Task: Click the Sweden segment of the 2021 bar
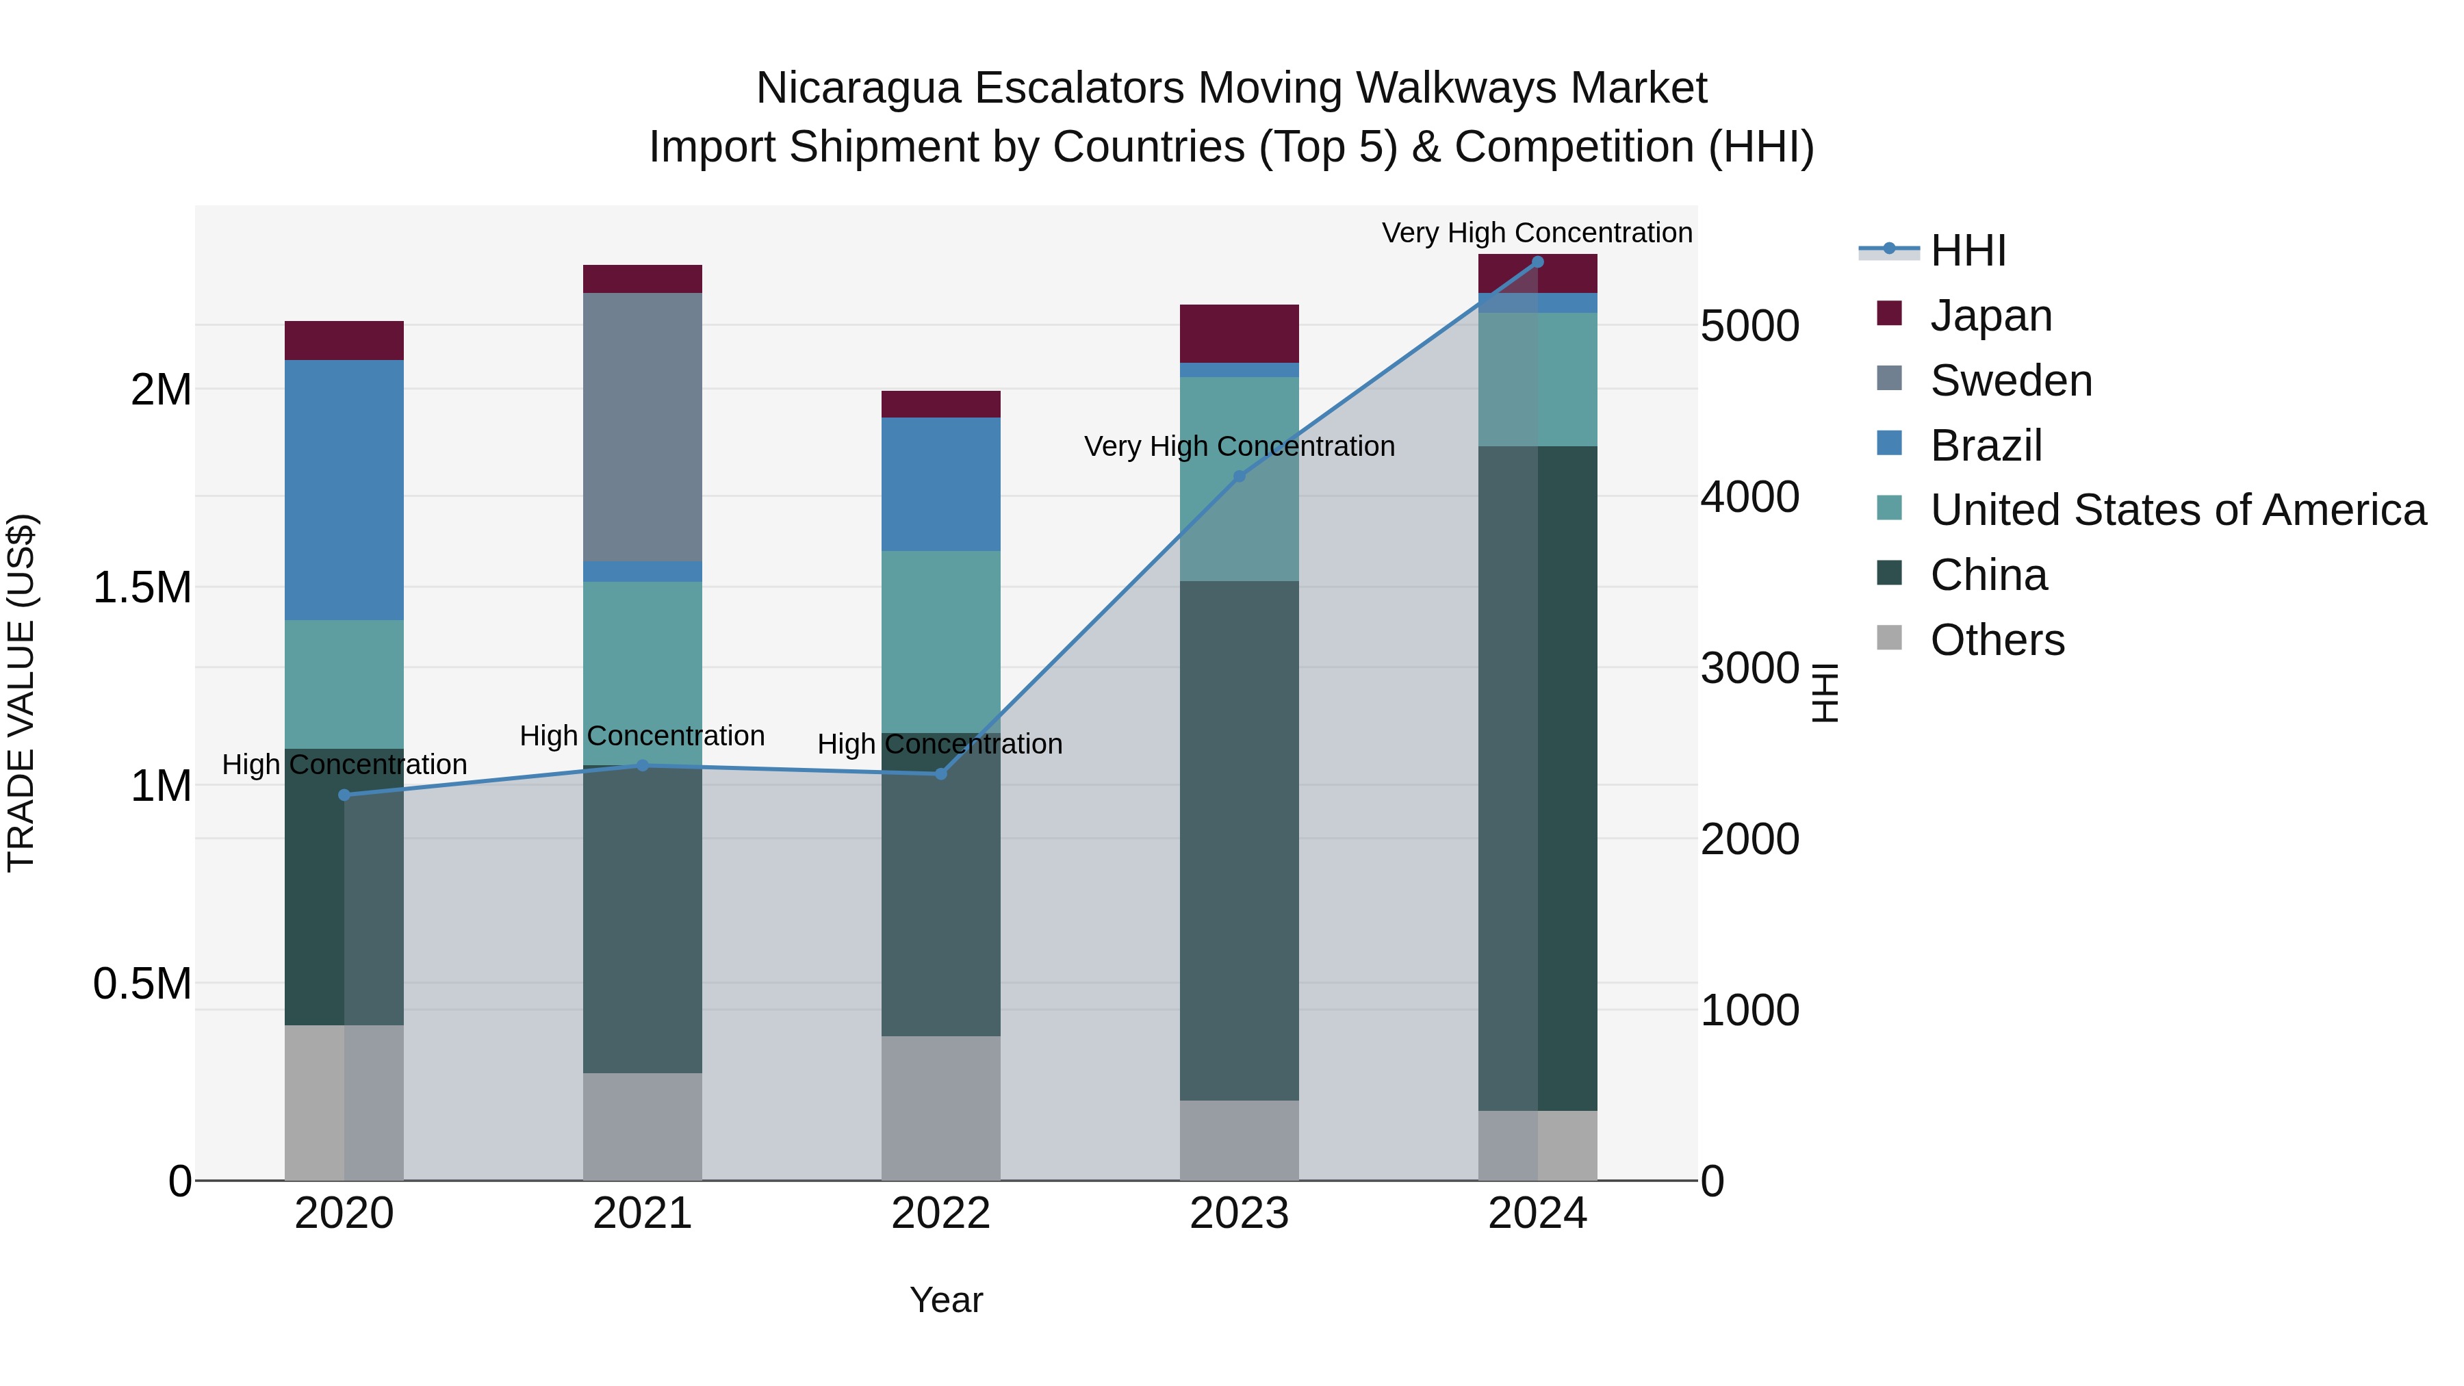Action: point(642,426)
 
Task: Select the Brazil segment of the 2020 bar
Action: point(344,490)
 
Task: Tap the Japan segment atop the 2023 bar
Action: point(1239,333)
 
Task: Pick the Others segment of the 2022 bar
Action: point(940,1107)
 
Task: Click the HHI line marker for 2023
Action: point(1239,476)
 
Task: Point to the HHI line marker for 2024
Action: point(1537,262)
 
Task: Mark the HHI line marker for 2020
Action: point(344,795)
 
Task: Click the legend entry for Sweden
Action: point(2011,381)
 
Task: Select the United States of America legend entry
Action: point(2177,510)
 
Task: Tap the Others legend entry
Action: point(1997,640)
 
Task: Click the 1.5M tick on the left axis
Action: point(142,587)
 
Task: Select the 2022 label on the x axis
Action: point(940,1214)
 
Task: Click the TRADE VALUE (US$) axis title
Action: point(21,693)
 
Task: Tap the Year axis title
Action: point(946,1300)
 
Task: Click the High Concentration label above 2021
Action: point(642,736)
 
